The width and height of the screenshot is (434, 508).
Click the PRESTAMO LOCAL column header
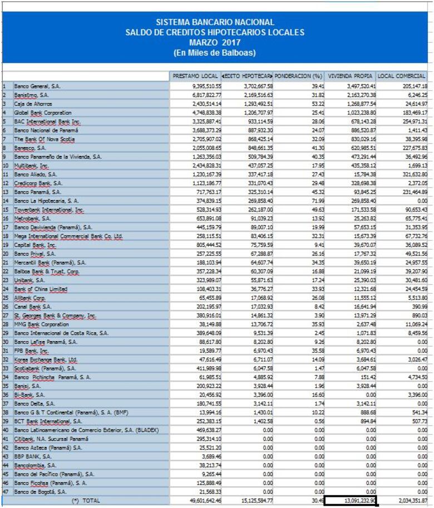pos(195,76)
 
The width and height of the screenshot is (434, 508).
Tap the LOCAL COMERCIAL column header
pos(402,76)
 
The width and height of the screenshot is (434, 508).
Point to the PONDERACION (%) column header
pos(299,76)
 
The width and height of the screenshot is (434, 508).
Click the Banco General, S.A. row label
pos(37,86)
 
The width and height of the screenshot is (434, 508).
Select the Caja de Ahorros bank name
pos(33,104)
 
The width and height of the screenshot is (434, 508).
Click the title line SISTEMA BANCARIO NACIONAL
pos(215,22)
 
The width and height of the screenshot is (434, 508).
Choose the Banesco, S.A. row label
pos(31,148)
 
